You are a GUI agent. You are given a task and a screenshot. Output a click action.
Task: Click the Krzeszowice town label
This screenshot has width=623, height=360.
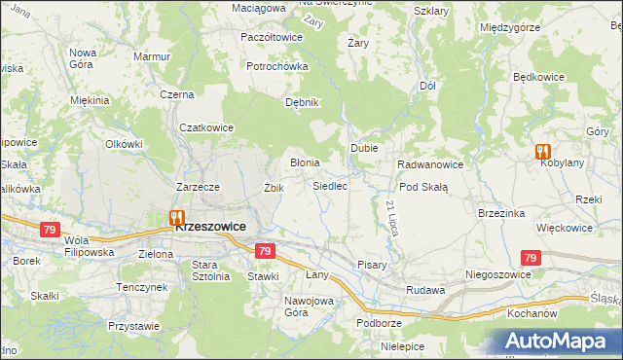(210, 225)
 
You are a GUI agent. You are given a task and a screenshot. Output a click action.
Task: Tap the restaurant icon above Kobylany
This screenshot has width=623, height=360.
(542, 152)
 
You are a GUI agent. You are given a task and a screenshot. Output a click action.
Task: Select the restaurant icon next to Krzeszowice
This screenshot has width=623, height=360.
(176, 218)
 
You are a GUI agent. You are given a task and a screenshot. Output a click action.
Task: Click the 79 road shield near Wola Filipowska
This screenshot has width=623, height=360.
(51, 230)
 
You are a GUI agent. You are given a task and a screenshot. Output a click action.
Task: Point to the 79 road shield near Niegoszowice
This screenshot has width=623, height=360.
(530, 258)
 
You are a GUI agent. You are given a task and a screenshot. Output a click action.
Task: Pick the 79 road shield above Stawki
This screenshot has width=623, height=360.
(264, 251)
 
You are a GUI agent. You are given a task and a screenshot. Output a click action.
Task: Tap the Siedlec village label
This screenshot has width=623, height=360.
(330, 185)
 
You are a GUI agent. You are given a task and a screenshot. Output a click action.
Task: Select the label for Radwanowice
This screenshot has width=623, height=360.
(429, 164)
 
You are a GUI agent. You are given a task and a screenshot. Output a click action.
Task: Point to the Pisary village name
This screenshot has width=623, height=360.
(372, 265)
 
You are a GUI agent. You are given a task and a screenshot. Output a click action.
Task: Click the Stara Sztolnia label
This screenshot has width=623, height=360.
(210, 270)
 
